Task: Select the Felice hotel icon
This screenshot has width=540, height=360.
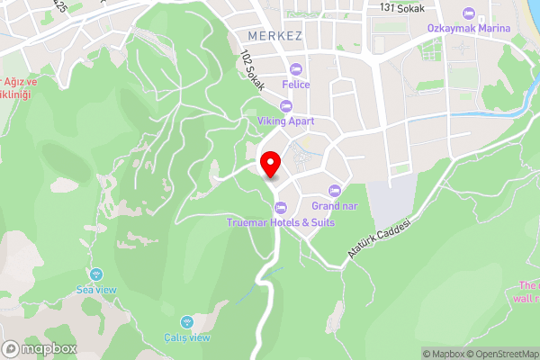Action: pos(296,69)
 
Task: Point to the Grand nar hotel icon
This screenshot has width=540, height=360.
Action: pos(334,190)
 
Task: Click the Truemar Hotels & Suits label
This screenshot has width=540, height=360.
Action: pos(280,222)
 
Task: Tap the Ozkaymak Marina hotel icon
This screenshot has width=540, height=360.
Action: pos(467,13)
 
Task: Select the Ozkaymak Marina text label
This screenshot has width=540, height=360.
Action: pos(468,28)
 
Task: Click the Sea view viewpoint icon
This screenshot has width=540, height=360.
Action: pos(97,274)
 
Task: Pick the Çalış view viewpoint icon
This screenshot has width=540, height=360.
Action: pos(186,321)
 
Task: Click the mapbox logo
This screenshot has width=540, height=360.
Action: pos(38,348)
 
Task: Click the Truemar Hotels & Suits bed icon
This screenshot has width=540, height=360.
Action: pos(280,208)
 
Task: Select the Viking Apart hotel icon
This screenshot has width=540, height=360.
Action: pos(285,106)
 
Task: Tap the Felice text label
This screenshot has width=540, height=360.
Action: pos(296,85)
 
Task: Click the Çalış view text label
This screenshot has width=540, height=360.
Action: pos(186,337)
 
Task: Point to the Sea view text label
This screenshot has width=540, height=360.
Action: pos(97,290)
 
